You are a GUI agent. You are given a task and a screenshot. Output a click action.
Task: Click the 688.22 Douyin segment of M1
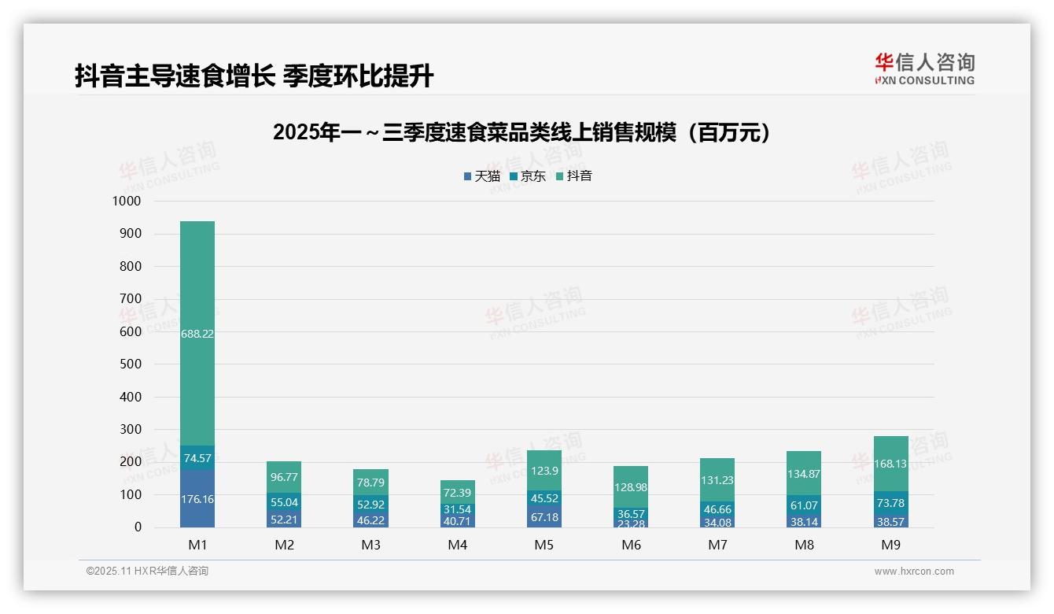tap(197, 333)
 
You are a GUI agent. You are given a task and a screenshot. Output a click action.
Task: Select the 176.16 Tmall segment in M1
tap(197, 499)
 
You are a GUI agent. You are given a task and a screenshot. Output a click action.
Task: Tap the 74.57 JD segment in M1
tap(197, 458)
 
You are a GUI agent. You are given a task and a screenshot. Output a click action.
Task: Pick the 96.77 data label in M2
tap(284, 477)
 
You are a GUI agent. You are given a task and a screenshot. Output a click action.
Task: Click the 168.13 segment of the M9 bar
tap(890, 464)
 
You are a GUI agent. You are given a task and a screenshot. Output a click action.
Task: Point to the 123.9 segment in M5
tap(544, 471)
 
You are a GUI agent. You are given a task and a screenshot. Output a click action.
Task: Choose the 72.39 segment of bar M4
tap(457, 493)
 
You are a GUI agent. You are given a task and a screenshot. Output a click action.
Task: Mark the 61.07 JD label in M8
tap(804, 505)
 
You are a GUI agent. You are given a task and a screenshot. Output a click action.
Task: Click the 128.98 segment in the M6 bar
tap(631, 487)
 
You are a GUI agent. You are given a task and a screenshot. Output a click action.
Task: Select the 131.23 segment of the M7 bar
tap(717, 480)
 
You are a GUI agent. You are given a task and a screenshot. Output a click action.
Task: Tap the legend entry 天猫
tap(481, 176)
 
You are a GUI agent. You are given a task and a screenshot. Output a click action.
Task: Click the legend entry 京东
tap(528, 176)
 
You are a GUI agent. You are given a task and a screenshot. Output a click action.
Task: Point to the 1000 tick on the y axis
tap(126, 202)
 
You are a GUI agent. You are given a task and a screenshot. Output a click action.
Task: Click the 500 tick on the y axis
tap(128, 364)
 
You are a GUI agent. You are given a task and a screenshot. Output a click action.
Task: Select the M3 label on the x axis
tap(370, 545)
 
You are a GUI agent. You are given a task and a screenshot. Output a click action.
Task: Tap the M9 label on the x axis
tap(890, 545)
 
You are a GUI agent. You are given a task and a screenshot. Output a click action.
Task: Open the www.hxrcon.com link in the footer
tap(913, 571)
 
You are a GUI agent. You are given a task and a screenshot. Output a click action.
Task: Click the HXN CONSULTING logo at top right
tap(924, 68)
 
